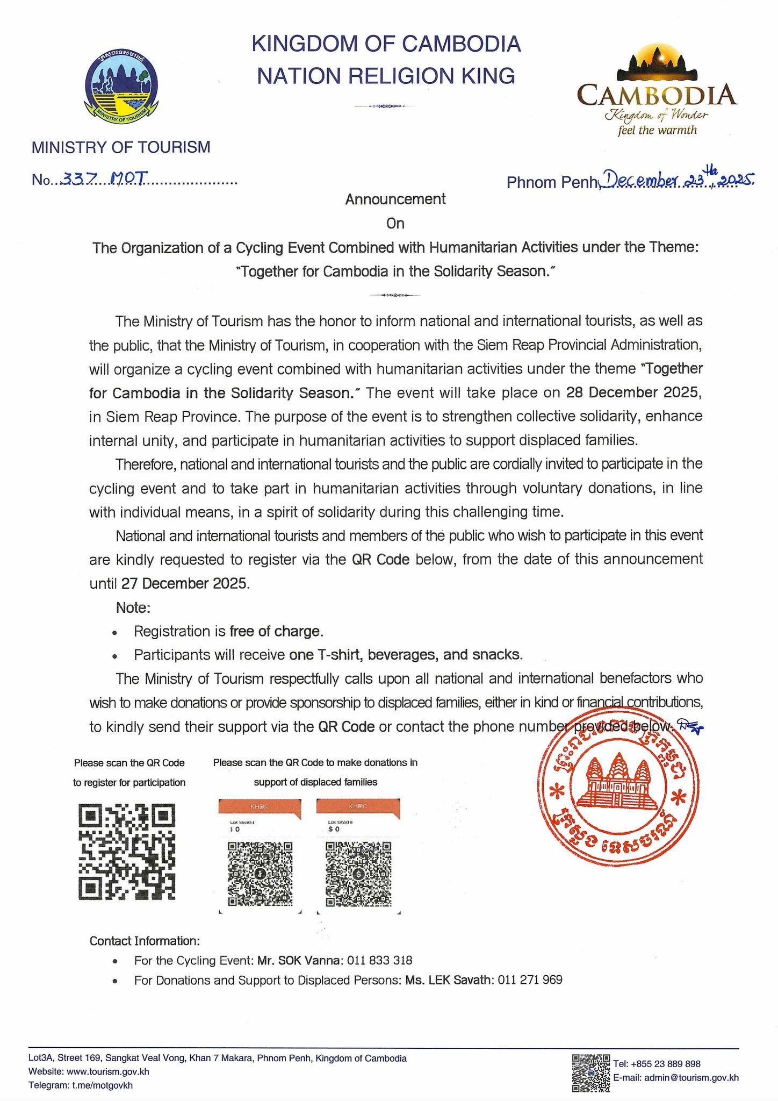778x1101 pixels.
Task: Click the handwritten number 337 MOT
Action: (102, 179)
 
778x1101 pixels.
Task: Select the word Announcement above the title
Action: (395, 199)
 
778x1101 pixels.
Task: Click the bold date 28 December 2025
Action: (634, 392)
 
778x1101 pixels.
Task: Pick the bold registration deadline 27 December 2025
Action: (185, 583)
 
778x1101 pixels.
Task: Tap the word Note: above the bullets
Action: (133, 607)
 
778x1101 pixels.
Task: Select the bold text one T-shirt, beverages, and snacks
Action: (406, 655)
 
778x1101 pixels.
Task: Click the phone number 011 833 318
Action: (379, 960)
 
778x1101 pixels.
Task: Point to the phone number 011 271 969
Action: (530, 980)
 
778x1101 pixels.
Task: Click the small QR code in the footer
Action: (590, 1073)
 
